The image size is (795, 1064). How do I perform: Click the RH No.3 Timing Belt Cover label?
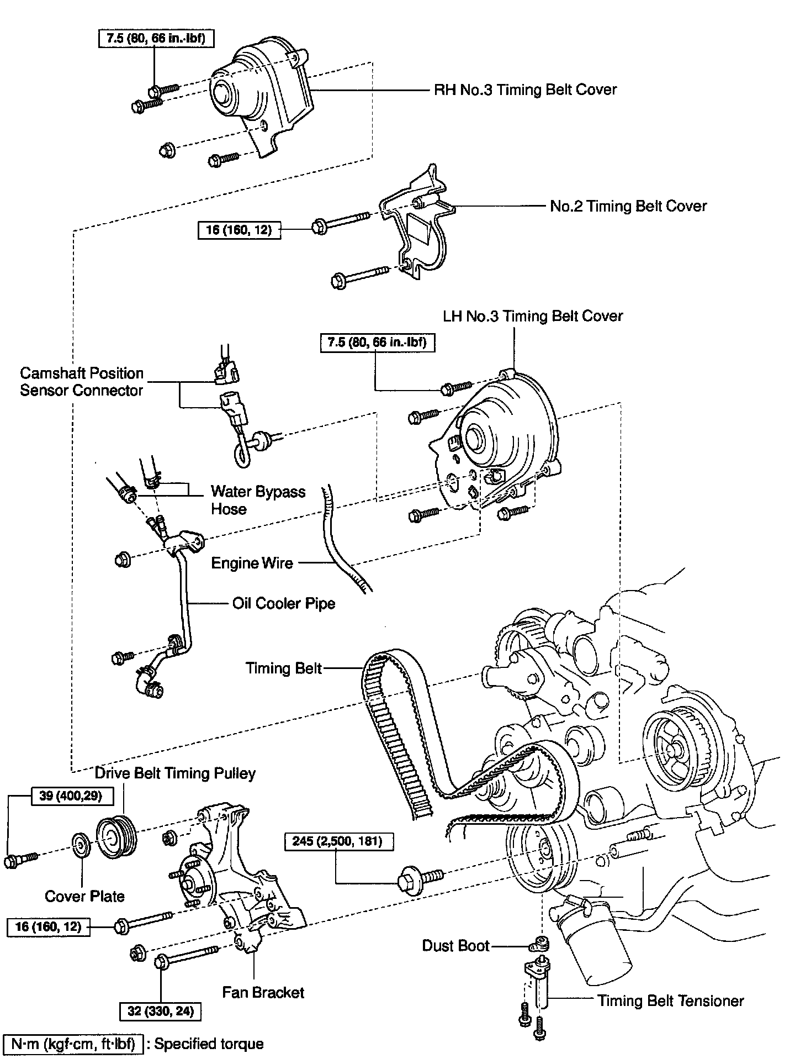(x=525, y=89)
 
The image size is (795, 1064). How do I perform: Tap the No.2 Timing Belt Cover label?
(x=628, y=206)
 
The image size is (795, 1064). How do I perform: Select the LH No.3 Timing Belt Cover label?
(x=533, y=316)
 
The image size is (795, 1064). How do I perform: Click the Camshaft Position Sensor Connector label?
(x=82, y=382)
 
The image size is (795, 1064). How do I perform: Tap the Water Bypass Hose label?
(x=258, y=500)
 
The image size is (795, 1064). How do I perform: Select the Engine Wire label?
(x=252, y=563)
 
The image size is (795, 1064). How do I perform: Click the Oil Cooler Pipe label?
(x=284, y=603)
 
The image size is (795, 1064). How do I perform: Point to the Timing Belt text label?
(x=284, y=668)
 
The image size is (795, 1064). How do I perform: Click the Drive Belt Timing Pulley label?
(x=175, y=773)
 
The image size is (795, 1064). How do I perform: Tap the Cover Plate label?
(x=84, y=896)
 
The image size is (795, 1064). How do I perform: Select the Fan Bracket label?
(x=263, y=992)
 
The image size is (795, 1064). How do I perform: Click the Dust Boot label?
(x=456, y=946)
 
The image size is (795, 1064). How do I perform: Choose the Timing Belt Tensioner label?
(x=671, y=1000)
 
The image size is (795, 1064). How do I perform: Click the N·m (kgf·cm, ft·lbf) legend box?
(x=73, y=1044)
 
